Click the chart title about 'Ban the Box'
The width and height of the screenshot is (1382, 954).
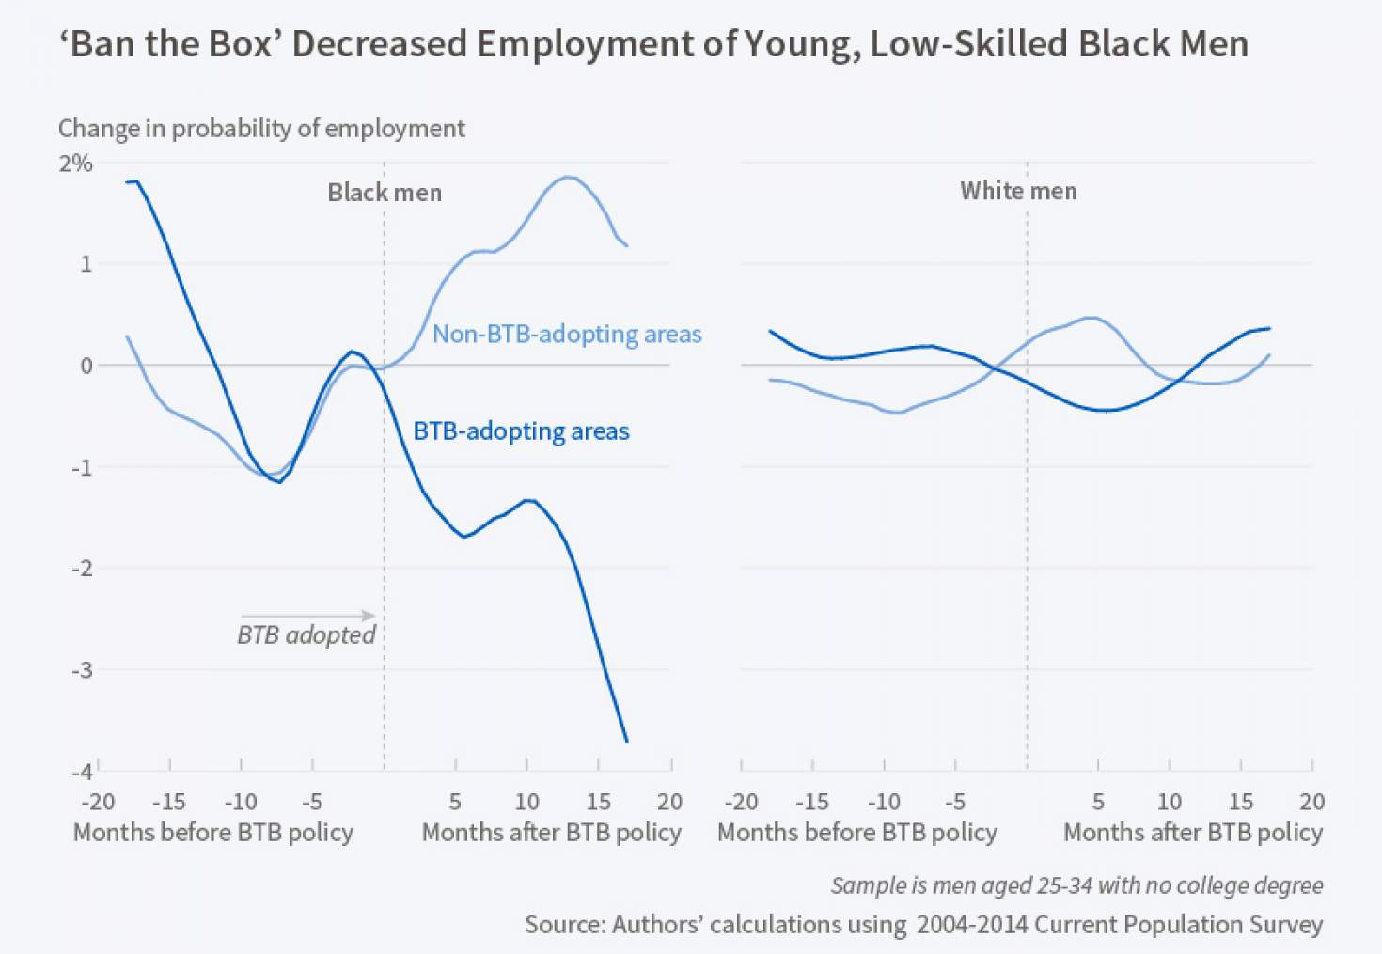tap(653, 44)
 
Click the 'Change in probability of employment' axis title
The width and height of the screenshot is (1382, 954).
tap(261, 128)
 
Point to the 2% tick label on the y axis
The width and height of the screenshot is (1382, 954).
tap(75, 164)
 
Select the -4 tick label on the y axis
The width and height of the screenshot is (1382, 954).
tap(82, 771)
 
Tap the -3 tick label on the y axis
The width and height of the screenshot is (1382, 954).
tap(82, 670)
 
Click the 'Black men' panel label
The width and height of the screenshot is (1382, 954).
tap(384, 193)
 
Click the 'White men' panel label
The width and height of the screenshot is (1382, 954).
tap(1018, 191)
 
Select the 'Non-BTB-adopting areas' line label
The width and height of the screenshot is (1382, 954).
tap(567, 334)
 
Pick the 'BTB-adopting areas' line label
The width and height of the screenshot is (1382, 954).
tap(521, 431)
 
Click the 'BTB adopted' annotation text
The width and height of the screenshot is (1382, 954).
tap(306, 635)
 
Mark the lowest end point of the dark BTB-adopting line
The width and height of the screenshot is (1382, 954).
tap(627, 742)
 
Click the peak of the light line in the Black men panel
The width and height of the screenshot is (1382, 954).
tap(568, 177)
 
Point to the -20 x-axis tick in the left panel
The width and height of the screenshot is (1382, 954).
tap(98, 802)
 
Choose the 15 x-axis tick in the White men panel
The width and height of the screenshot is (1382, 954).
tap(1240, 802)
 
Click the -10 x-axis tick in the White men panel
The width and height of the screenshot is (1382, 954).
tap(883, 802)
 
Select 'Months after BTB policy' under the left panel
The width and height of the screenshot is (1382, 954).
tap(551, 833)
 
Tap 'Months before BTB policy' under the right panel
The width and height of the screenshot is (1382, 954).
tap(856, 833)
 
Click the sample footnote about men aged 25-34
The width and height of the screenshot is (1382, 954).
tap(1076, 885)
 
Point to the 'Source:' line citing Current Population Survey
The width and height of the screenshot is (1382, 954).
tap(923, 924)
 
